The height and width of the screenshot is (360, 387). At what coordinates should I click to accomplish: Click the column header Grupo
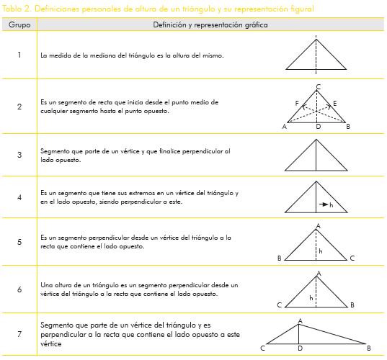tap(19, 24)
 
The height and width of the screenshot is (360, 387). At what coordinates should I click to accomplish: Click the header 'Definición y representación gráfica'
tap(210, 24)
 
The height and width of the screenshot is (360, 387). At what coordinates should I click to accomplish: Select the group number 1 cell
tap(19, 55)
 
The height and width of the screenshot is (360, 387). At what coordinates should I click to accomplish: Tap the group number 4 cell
tap(19, 197)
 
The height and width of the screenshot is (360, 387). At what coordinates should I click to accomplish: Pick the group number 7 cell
tap(19, 334)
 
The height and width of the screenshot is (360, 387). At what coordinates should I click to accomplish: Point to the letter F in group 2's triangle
tap(297, 103)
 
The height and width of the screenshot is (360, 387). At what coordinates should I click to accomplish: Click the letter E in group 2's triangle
tap(334, 103)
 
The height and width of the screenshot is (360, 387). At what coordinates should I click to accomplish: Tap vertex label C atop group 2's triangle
tap(318, 87)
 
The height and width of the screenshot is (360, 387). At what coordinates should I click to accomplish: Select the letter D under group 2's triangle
tap(319, 127)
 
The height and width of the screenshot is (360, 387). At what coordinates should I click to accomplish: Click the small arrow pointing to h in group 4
tap(324, 204)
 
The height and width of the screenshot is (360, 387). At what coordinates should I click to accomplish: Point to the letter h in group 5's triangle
tap(321, 251)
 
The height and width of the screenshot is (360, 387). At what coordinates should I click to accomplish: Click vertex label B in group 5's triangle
tap(280, 258)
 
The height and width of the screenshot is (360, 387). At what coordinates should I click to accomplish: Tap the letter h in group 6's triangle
tap(311, 298)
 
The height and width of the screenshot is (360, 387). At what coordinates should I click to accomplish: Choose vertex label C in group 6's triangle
tap(279, 305)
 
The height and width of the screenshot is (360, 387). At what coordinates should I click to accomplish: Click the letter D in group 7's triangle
tap(300, 348)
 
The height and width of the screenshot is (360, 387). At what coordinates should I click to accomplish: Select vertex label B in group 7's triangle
tap(369, 348)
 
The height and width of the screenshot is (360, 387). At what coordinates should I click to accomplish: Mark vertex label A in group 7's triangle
tap(300, 321)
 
